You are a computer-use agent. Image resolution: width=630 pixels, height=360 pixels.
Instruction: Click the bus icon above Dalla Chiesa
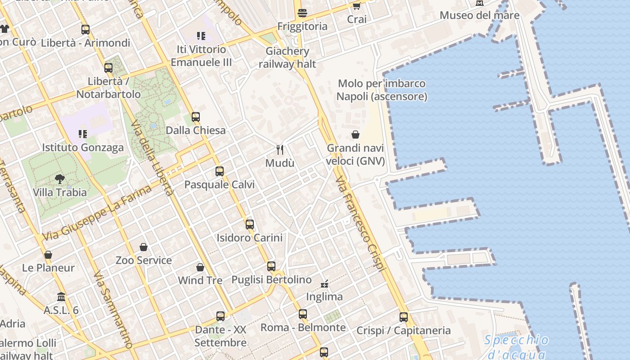[x=195, y=117]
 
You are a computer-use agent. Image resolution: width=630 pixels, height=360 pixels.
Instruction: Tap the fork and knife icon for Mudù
[x=280, y=149]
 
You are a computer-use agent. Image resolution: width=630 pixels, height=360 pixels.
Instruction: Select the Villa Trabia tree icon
[x=59, y=179]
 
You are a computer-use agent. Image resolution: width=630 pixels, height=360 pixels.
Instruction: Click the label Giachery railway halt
[x=287, y=58]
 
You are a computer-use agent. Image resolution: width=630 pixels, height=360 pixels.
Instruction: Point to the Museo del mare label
[x=479, y=15]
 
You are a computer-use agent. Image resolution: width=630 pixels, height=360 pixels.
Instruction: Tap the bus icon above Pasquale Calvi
[x=219, y=171]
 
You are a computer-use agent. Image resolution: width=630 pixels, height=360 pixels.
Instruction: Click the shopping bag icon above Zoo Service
[x=144, y=247]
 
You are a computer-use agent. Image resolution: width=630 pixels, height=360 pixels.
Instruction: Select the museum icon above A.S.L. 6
[x=61, y=297]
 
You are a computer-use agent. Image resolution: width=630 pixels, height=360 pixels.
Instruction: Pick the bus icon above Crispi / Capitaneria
[x=403, y=317]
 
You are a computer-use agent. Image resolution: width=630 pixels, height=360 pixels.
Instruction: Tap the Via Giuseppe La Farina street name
[x=97, y=213]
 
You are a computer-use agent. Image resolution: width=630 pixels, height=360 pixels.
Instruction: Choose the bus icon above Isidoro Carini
[x=249, y=224]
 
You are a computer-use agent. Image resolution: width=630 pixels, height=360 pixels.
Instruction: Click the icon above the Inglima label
[x=324, y=283]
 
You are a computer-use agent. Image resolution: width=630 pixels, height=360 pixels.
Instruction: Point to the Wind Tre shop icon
[x=200, y=267]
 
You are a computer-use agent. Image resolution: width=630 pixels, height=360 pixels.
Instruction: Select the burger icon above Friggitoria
[x=302, y=13]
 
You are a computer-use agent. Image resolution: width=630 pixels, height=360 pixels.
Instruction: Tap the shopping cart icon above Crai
[x=356, y=6]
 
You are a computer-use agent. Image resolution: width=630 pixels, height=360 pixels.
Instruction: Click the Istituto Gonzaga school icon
[x=82, y=134]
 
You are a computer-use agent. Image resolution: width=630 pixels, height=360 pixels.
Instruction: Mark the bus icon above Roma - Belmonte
[x=303, y=314]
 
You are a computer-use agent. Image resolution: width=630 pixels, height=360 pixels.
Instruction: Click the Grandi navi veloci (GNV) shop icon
[x=355, y=135]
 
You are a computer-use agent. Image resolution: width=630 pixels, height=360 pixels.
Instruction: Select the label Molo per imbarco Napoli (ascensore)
[x=382, y=90]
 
